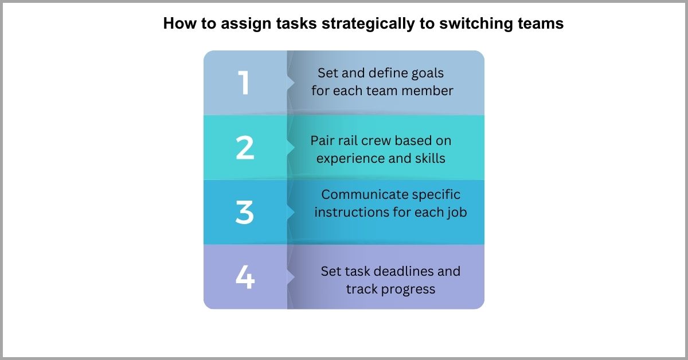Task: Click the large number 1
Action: pos(245,83)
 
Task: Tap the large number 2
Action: pos(245,148)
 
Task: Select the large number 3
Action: pos(245,213)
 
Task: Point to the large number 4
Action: pos(245,277)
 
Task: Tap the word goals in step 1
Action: pos(427,73)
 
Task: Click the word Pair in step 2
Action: pos(323,140)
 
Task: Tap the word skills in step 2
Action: pos(429,158)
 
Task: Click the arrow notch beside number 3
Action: pos(291,213)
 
